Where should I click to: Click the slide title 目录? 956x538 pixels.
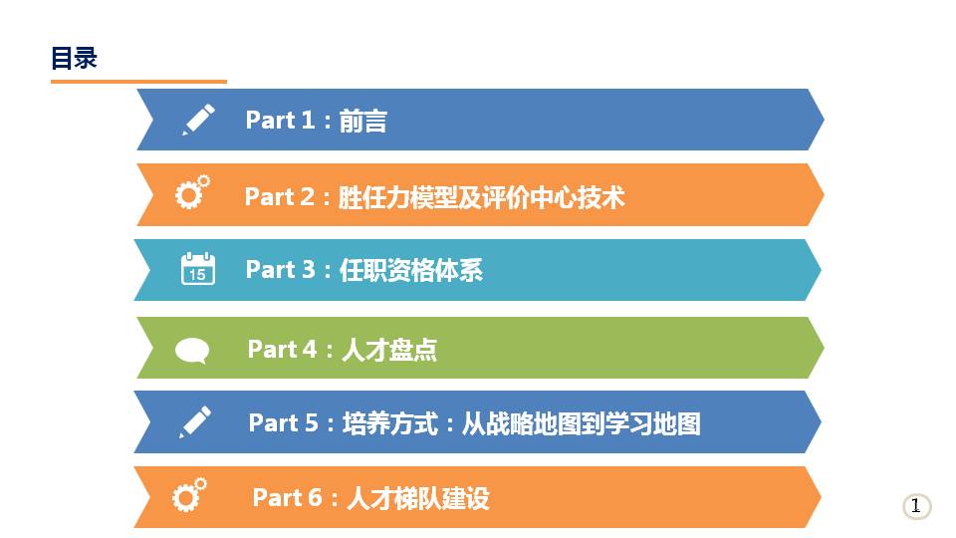[74, 58]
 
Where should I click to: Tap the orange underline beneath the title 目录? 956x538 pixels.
[138, 81]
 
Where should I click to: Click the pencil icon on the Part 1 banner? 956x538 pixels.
[198, 119]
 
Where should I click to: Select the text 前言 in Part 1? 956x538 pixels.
[362, 121]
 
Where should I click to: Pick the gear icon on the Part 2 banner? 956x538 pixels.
[192, 192]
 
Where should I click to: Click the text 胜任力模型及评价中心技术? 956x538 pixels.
[482, 197]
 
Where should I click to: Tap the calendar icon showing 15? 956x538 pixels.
[197, 268]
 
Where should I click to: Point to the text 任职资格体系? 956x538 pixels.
[411, 270]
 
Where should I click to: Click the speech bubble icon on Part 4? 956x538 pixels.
[192, 351]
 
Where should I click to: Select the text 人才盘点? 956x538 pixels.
[389, 350]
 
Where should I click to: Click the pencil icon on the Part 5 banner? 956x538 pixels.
[195, 421]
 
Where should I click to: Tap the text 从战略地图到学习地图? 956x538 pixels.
[581, 423]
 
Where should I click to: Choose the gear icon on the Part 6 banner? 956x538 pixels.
[189, 495]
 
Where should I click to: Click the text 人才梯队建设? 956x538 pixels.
[418, 498]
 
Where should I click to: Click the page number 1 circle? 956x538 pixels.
[916, 506]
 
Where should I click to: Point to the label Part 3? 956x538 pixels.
[280, 270]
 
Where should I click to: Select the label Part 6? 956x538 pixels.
[287, 498]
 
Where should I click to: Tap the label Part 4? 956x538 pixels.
[282, 350]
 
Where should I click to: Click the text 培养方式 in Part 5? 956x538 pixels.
[390, 423]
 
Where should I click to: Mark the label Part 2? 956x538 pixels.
[279, 197]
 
